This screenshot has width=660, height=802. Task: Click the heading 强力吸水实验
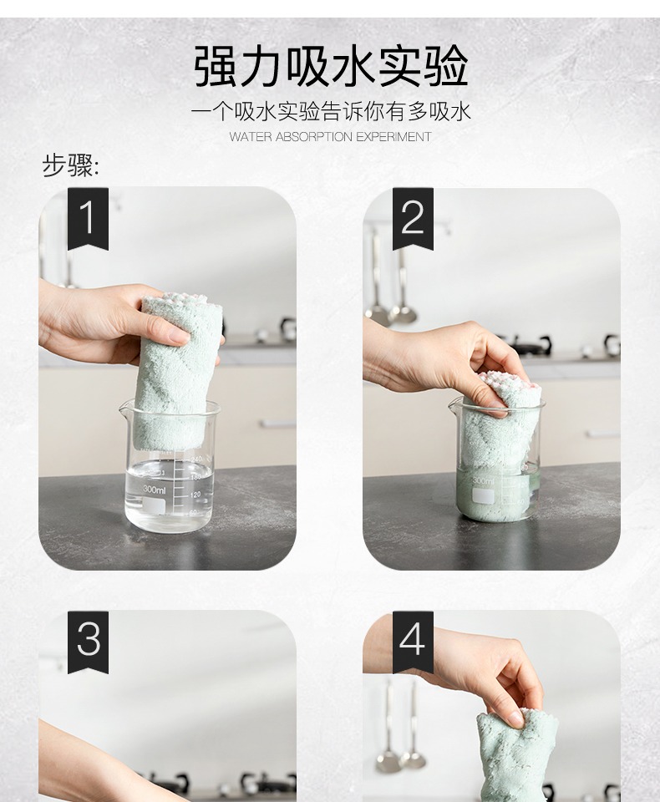pyautogui.click(x=331, y=67)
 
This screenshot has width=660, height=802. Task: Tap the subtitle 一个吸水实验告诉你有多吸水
pyautogui.click(x=331, y=112)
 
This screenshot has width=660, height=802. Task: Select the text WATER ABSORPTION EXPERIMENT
pyautogui.click(x=330, y=137)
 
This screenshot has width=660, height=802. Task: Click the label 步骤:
pyautogui.click(x=71, y=165)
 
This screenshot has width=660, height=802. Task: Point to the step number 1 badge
pyautogui.click(x=88, y=218)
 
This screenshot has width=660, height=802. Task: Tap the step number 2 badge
pyautogui.click(x=413, y=218)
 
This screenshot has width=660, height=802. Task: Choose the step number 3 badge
pyautogui.click(x=88, y=642)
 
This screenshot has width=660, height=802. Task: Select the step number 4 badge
pyautogui.click(x=413, y=642)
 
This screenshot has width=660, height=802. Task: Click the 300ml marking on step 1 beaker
pyautogui.click(x=154, y=490)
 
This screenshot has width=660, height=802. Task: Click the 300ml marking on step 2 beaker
pyautogui.click(x=483, y=481)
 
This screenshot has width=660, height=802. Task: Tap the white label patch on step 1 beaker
pyautogui.click(x=154, y=507)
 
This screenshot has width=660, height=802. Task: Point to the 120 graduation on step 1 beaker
pyautogui.click(x=195, y=495)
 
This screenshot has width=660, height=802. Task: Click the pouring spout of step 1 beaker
pyautogui.click(x=124, y=408)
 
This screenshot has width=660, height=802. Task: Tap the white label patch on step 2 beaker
pyautogui.click(x=482, y=495)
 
